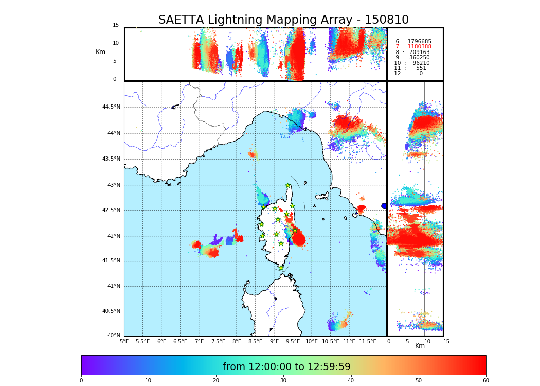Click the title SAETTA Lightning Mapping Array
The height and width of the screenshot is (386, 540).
283,20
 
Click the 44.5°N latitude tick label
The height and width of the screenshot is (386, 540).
111,107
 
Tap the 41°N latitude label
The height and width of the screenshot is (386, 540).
113,286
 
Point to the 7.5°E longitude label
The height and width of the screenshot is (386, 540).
218,341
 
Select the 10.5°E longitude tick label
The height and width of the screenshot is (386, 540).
331,341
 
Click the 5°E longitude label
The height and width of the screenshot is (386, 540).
124,341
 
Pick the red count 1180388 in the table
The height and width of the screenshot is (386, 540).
420,47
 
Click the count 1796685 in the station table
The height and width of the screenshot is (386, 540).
420,41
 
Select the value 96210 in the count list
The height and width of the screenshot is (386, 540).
421,63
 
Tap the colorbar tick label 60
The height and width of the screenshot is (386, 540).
485,381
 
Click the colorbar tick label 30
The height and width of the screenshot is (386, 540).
283,381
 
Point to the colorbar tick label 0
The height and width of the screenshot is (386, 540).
81,381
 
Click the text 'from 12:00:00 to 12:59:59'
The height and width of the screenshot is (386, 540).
286,367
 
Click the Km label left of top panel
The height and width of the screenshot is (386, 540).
101,52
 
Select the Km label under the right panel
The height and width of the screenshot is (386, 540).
420,346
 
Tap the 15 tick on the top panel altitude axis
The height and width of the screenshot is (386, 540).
116,25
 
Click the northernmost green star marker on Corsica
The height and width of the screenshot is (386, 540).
288,186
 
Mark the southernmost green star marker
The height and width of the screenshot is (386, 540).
281,268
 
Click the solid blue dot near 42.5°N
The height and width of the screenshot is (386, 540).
384,206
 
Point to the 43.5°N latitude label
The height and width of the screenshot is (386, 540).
111,159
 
